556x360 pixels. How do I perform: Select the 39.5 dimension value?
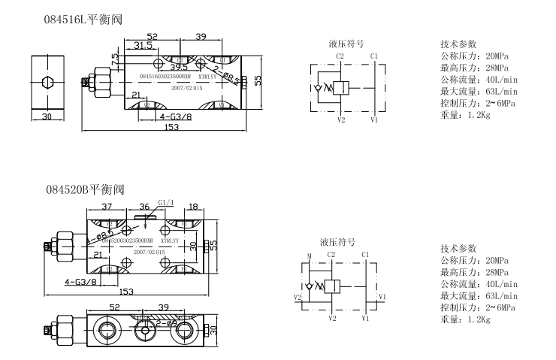pyautogui.click(x=178, y=67)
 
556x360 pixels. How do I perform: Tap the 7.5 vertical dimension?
pyautogui.click(x=114, y=59)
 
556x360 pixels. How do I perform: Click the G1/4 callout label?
pyautogui.click(x=165, y=202)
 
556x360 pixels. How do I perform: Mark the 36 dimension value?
pyautogui.click(x=144, y=207)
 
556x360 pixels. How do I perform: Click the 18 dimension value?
pyautogui.click(x=194, y=206)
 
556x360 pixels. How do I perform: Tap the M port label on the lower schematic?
pyautogui.click(x=309, y=256)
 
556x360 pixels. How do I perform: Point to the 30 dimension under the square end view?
pyautogui.click(x=47, y=116)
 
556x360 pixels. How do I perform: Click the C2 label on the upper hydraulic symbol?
pyautogui.click(x=340, y=56)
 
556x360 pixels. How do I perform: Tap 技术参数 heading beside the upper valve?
pyautogui.click(x=458, y=44)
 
